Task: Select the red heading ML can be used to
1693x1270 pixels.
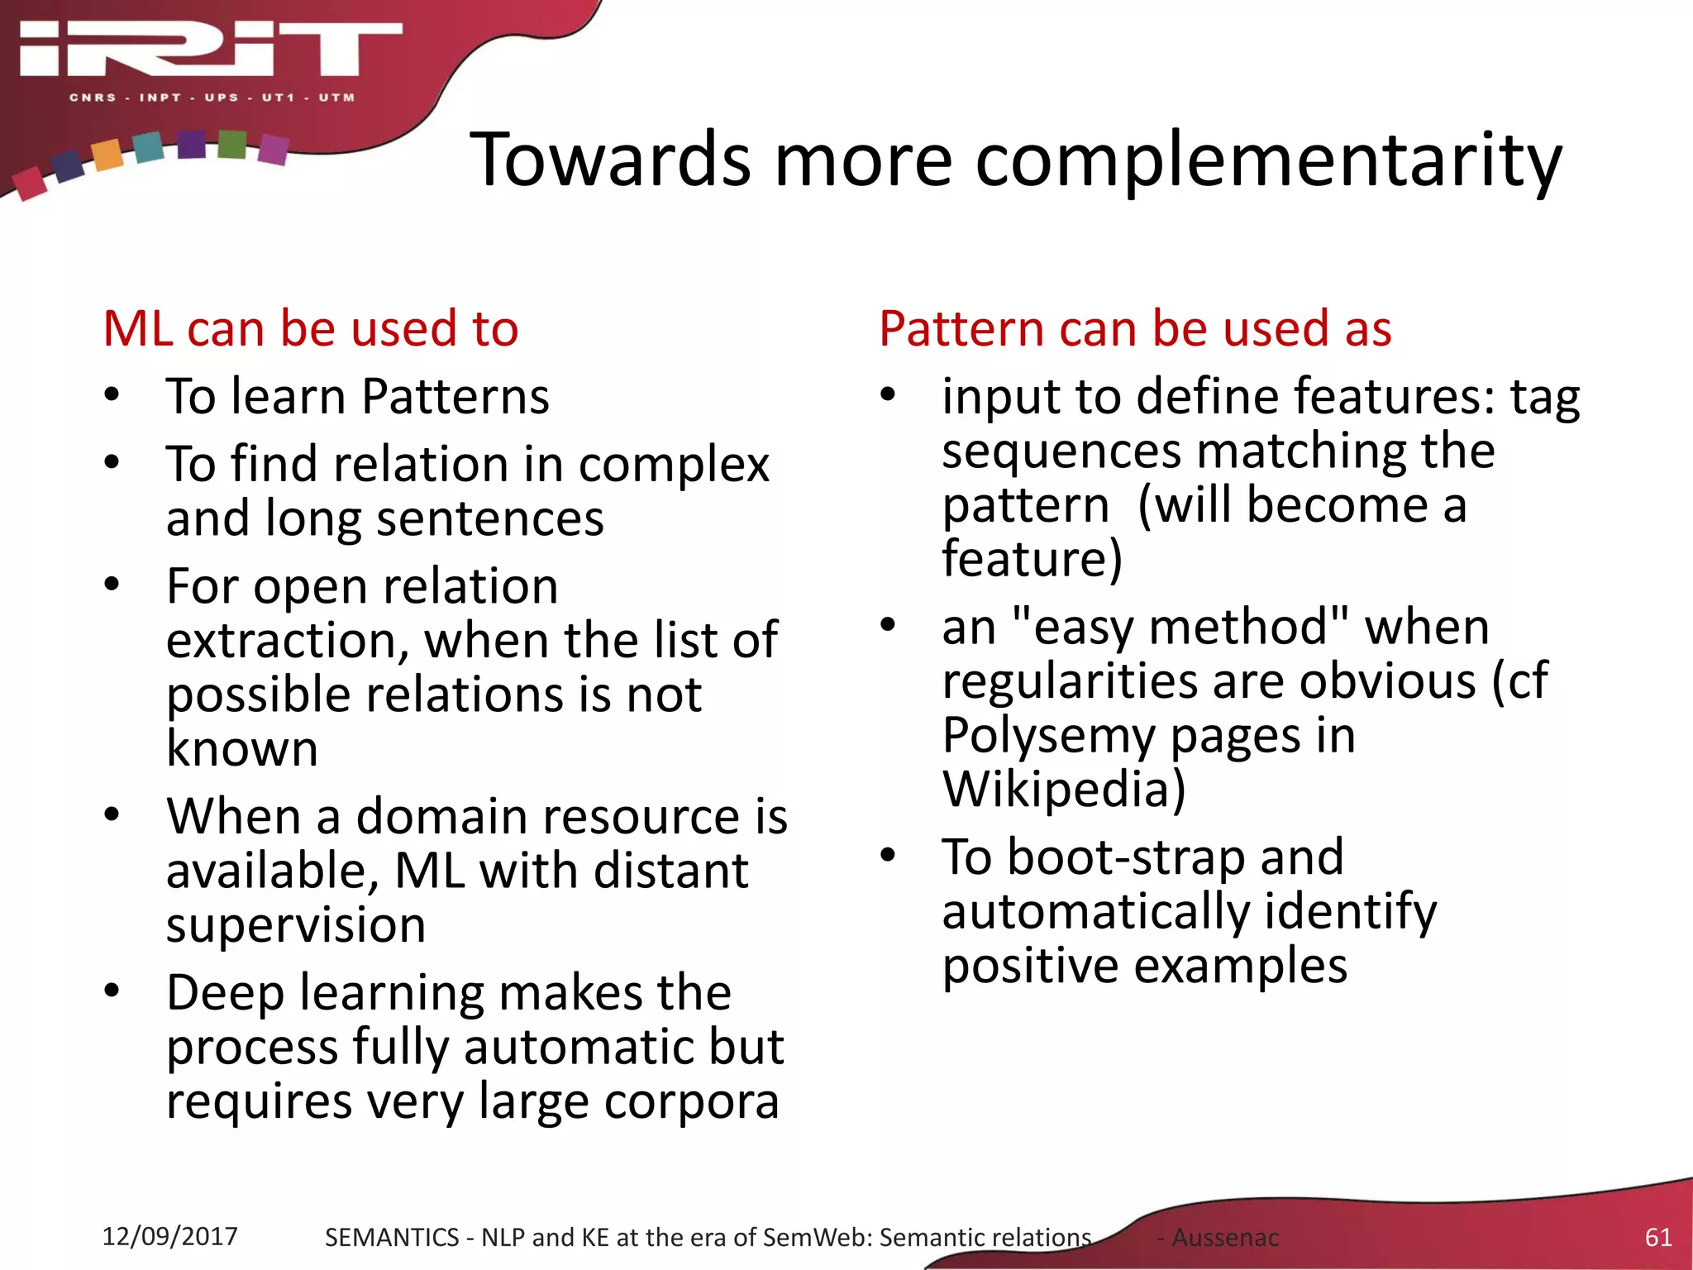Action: click(x=311, y=328)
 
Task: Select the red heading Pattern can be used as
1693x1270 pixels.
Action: click(x=1135, y=328)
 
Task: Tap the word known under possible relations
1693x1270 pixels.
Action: click(x=241, y=748)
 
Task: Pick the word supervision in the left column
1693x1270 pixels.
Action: click(x=296, y=924)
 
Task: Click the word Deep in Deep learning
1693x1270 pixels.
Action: click(x=224, y=993)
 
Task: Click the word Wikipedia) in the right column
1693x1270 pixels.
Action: click(x=1064, y=789)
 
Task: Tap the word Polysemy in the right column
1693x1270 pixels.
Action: click(x=1049, y=735)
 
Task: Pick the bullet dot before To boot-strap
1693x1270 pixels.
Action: click(x=888, y=855)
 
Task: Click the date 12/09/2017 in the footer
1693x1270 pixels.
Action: click(x=169, y=1236)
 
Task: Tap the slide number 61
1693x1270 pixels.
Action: click(x=1657, y=1237)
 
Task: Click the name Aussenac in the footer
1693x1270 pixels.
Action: click(x=1224, y=1238)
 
